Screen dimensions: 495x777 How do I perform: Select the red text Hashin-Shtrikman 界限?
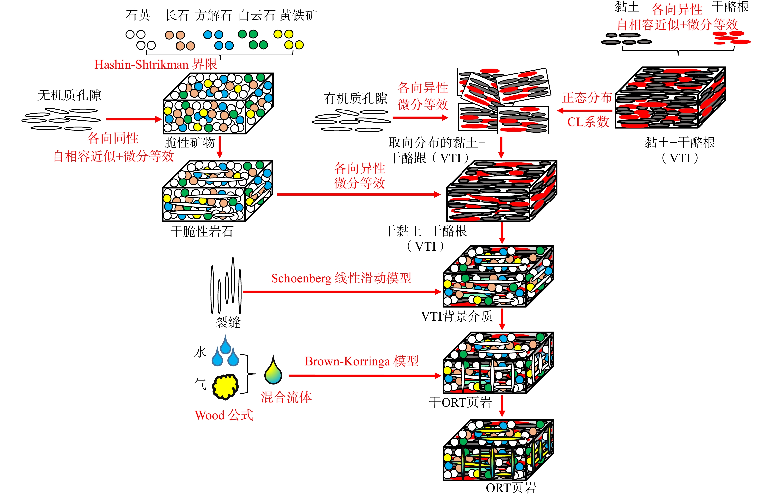point(156,65)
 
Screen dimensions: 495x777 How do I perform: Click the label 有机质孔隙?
point(355,98)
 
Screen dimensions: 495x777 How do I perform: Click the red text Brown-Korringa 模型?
point(361,361)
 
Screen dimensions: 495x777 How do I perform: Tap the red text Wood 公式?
point(224,415)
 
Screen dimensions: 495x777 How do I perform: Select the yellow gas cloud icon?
point(225,386)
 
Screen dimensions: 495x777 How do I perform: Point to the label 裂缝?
point(228,322)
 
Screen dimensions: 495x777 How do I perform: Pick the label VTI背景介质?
point(457,316)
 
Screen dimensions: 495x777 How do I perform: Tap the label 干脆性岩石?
point(202,231)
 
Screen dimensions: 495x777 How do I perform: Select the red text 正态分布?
point(587,97)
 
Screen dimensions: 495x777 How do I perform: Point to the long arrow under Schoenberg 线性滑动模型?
point(342,292)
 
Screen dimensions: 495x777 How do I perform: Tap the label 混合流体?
point(286,397)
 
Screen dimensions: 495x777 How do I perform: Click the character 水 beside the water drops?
point(200,352)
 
